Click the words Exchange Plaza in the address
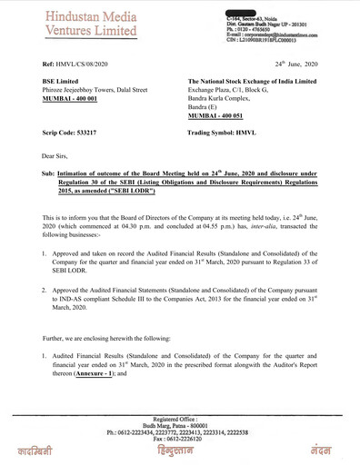[211, 92]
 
